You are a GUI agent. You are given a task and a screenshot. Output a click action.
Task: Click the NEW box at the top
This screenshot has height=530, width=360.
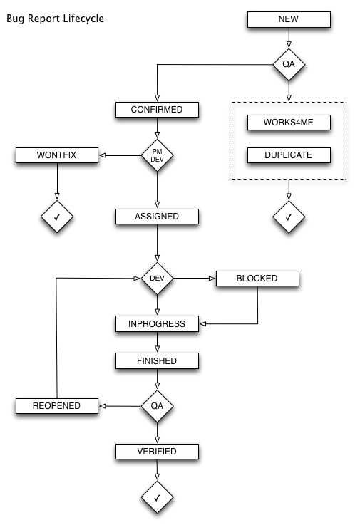[x=289, y=20]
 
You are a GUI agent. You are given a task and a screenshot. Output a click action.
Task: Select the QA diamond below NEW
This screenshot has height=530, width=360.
[x=289, y=65]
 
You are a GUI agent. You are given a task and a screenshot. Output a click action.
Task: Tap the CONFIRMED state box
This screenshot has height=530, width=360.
[x=157, y=110]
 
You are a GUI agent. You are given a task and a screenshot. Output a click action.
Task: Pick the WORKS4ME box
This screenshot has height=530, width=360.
[x=289, y=123]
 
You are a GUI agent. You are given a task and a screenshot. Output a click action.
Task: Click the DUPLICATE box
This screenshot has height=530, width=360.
[x=289, y=155]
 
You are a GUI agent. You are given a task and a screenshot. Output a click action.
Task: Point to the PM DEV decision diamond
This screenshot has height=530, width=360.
[x=157, y=155]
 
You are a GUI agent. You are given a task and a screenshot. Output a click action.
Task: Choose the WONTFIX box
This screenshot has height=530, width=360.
[x=56, y=155]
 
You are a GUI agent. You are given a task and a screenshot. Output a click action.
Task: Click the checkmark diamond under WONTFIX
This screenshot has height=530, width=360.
[x=56, y=215]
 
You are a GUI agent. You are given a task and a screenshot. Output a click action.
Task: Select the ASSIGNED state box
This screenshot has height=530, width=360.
[x=157, y=215]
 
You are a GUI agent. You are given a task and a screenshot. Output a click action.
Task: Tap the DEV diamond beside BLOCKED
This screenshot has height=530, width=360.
[x=157, y=278]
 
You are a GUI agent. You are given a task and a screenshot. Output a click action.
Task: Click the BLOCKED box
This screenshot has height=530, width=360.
[x=257, y=278]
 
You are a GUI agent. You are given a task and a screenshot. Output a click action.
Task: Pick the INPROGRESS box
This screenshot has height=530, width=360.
[x=157, y=324]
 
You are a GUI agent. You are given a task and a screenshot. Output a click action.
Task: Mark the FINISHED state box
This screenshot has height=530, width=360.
[x=157, y=361]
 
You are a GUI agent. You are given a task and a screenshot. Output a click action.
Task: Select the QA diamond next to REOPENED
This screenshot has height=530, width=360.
[x=157, y=406]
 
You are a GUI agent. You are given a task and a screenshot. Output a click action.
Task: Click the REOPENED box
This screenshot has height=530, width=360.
[x=56, y=406]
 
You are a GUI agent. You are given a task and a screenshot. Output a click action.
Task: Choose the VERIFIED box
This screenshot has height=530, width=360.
[x=157, y=451]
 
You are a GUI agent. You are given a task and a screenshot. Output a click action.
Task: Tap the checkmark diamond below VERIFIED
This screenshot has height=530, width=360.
[x=157, y=497]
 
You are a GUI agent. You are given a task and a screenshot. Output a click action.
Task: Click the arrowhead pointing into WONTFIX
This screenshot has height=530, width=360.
[x=103, y=155]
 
